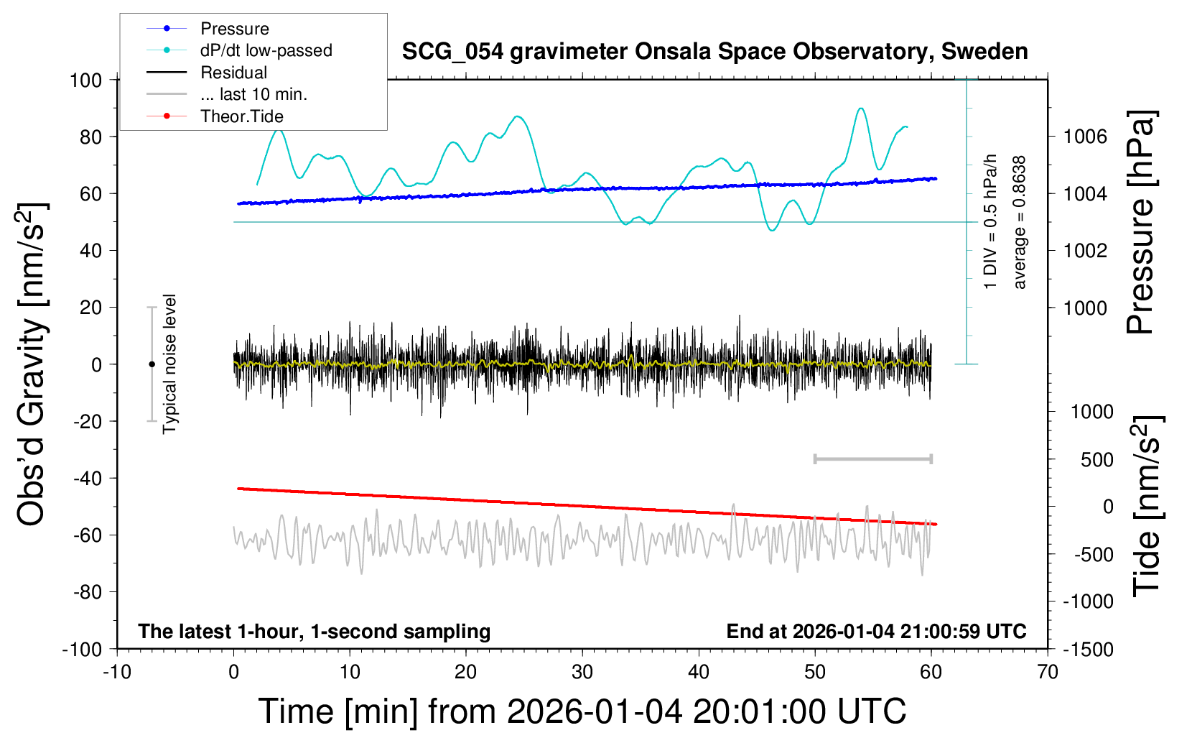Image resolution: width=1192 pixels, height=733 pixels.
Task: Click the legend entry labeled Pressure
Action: (234, 29)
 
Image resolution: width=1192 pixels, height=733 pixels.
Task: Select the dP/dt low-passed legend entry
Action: (266, 50)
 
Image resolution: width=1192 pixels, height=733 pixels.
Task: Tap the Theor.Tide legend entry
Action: (241, 116)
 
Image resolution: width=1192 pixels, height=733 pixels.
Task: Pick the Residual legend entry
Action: (233, 73)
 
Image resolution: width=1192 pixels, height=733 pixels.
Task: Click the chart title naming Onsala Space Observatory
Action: (714, 52)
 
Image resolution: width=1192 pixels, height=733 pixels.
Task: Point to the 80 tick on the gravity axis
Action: (86, 137)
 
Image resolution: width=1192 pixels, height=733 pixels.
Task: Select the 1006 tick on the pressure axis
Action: (1085, 137)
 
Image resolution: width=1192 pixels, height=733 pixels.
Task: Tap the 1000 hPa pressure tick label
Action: (1085, 308)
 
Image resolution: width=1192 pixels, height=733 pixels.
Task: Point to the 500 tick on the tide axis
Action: (1096, 460)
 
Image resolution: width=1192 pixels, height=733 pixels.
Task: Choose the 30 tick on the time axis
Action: (582, 672)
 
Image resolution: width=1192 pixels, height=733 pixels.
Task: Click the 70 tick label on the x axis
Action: (1048, 672)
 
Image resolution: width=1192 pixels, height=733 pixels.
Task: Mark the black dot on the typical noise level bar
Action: (152, 364)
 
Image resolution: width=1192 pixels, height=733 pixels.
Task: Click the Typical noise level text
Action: (169, 364)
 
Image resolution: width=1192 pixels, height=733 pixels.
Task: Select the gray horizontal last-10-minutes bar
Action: (872, 458)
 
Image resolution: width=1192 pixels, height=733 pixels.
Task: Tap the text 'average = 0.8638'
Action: (1020, 223)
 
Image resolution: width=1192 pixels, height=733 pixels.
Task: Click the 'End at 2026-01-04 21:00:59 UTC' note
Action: (876, 631)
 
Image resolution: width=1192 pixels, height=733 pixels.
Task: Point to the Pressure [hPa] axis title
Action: (1140, 223)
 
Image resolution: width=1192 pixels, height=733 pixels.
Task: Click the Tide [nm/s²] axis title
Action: (1147, 506)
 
